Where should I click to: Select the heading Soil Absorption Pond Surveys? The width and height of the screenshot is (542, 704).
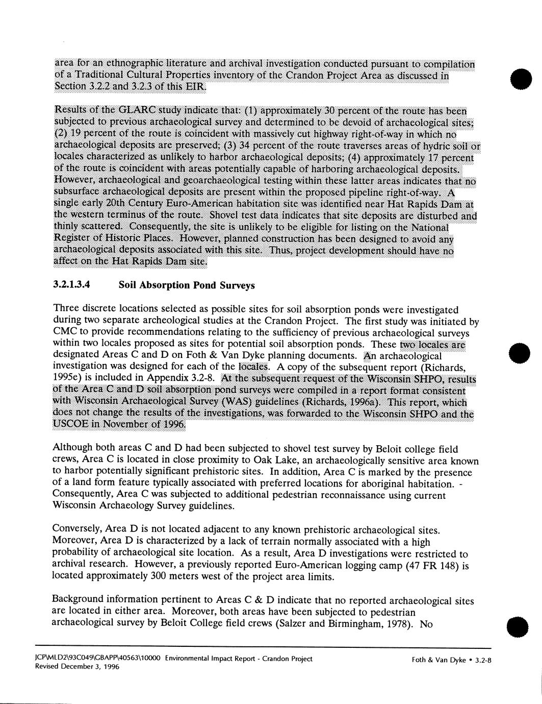click(x=186, y=285)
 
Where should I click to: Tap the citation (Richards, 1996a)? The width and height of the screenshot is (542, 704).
click(x=347, y=401)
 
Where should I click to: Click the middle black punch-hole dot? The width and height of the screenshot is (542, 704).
click(x=521, y=352)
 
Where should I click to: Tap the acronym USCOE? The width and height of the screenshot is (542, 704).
click(x=69, y=425)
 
